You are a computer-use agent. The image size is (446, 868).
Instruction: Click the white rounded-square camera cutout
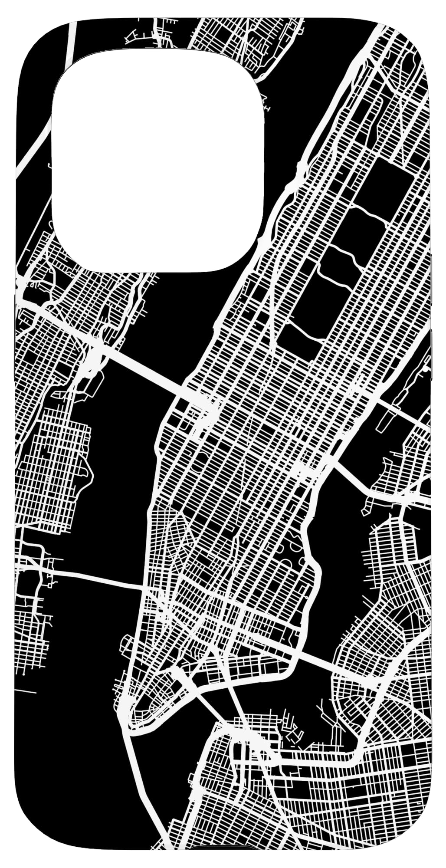pyautogui.click(x=157, y=161)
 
